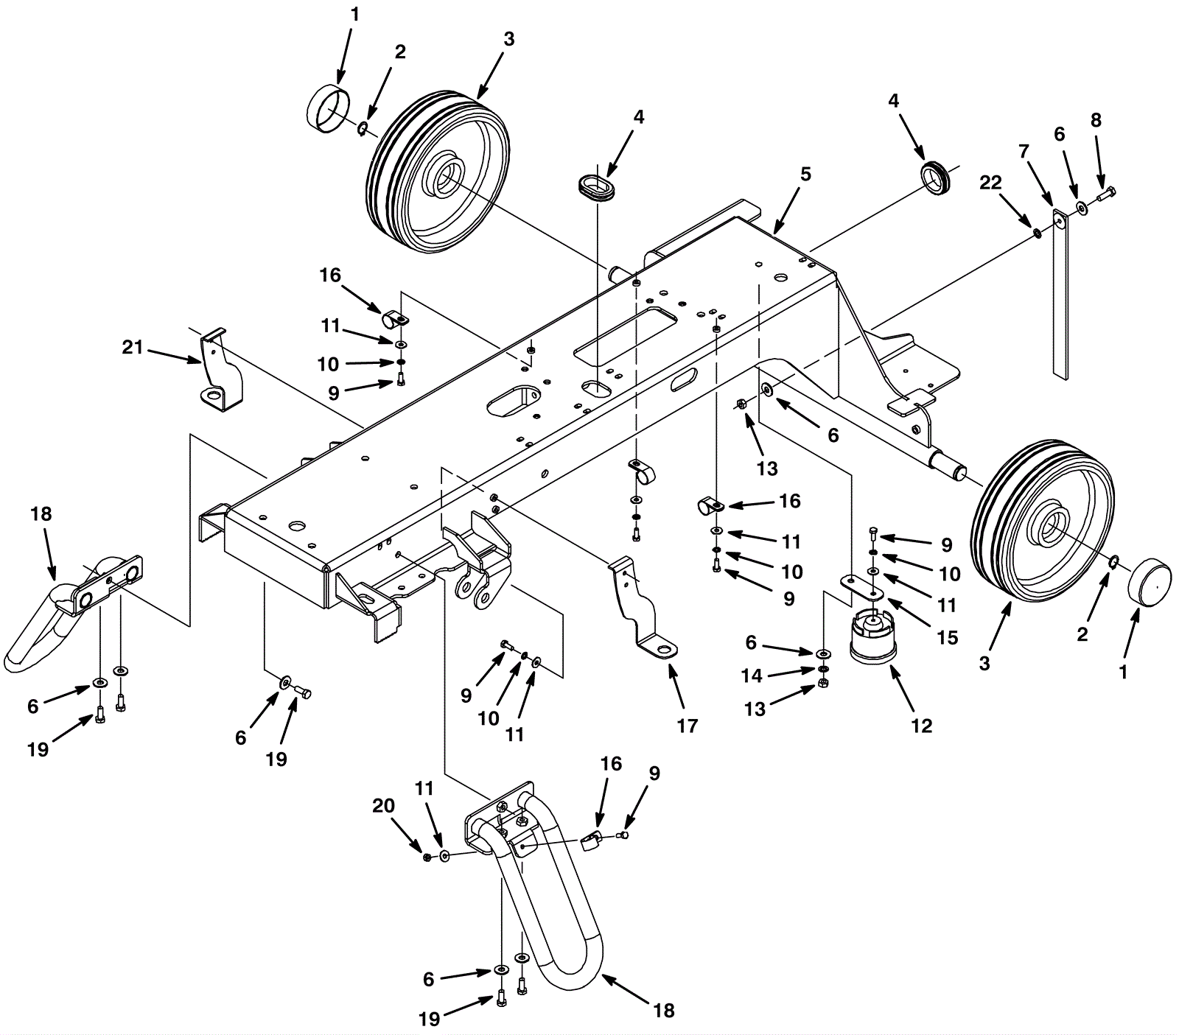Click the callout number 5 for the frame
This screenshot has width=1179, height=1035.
pos(805,175)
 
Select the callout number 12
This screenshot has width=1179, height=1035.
pos(921,726)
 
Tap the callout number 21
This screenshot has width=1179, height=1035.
pos(133,346)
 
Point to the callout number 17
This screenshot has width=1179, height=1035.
pos(687,726)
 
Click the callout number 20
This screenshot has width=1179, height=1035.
pos(383,806)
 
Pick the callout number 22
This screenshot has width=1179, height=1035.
pos(990,183)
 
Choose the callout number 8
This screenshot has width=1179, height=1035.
pos(1096,120)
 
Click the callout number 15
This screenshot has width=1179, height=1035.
pos(948,637)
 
